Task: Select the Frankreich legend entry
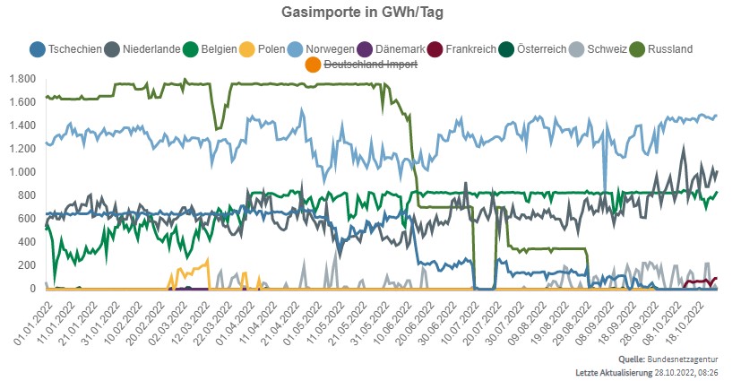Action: [465, 48]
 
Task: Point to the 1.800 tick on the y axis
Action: [22, 79]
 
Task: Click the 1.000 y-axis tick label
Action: [22, 172]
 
